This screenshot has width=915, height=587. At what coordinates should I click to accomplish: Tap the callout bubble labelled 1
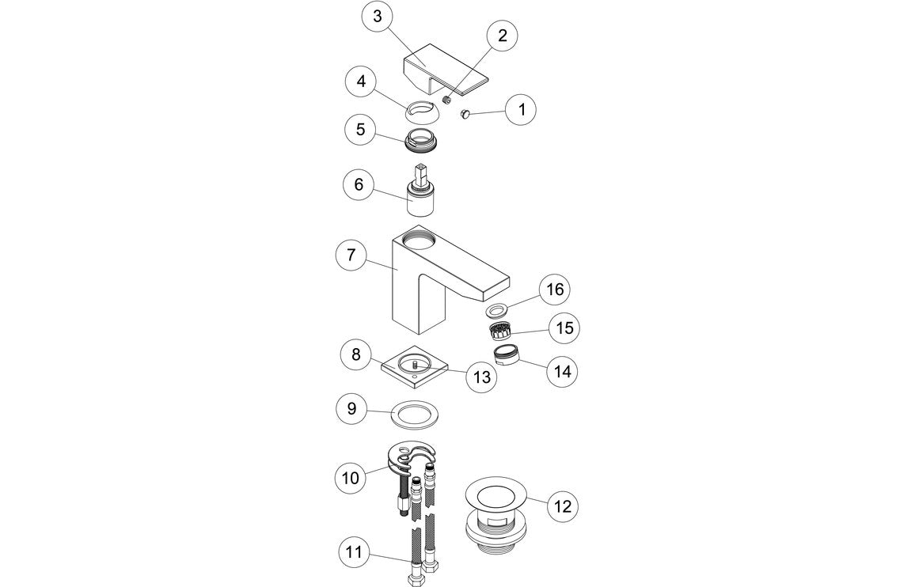tap(520, 109)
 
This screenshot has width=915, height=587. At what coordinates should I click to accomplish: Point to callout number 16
tap(555, 290)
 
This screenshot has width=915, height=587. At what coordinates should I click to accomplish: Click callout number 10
tap(350, 478)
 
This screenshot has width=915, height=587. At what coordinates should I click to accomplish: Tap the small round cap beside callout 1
tap(466, 116)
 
